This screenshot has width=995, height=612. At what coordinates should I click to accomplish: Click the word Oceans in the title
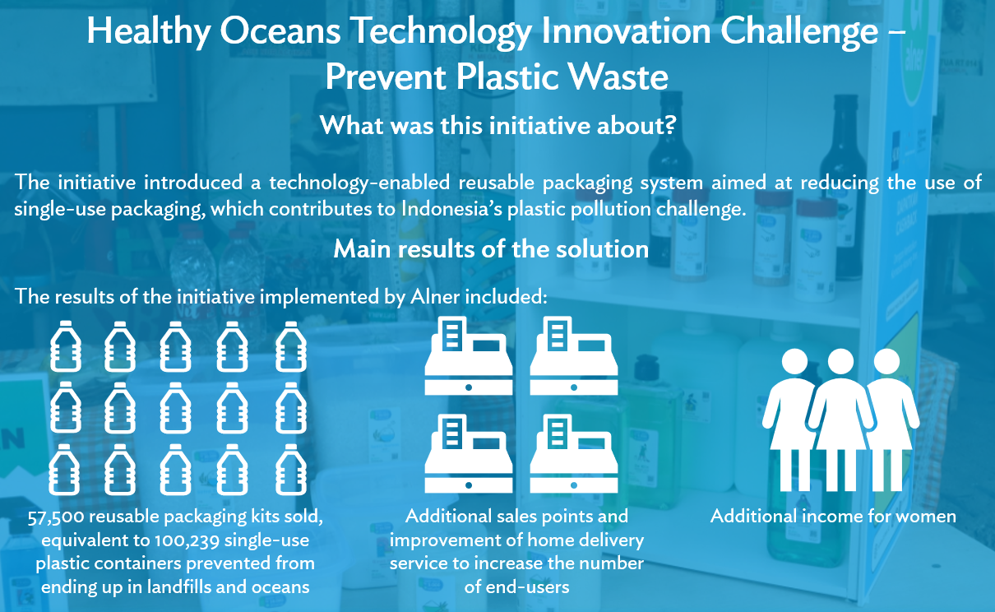click(x=278, y=33)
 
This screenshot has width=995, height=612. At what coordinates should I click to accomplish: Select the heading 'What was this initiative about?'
click(x=497, y=126)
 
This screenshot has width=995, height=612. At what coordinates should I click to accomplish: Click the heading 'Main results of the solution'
click(x=491, y=248)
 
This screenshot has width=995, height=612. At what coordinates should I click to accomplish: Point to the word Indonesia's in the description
click(x=455, y=209)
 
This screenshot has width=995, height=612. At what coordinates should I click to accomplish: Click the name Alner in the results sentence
click(x=433, y=297)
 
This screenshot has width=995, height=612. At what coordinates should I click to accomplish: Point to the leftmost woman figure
click(x=794, y=420)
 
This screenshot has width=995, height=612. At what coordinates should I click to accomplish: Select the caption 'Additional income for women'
click(x=833, y=517)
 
